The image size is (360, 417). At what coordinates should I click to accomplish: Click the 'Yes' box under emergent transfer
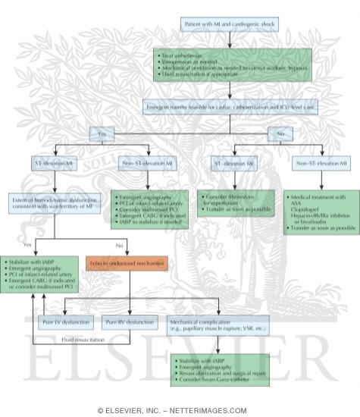[x=103, y=133]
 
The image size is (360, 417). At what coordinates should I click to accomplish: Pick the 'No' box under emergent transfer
[x=280, y=133]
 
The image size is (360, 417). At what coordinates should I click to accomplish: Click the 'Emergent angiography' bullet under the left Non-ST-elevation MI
[x=149, y=196]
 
